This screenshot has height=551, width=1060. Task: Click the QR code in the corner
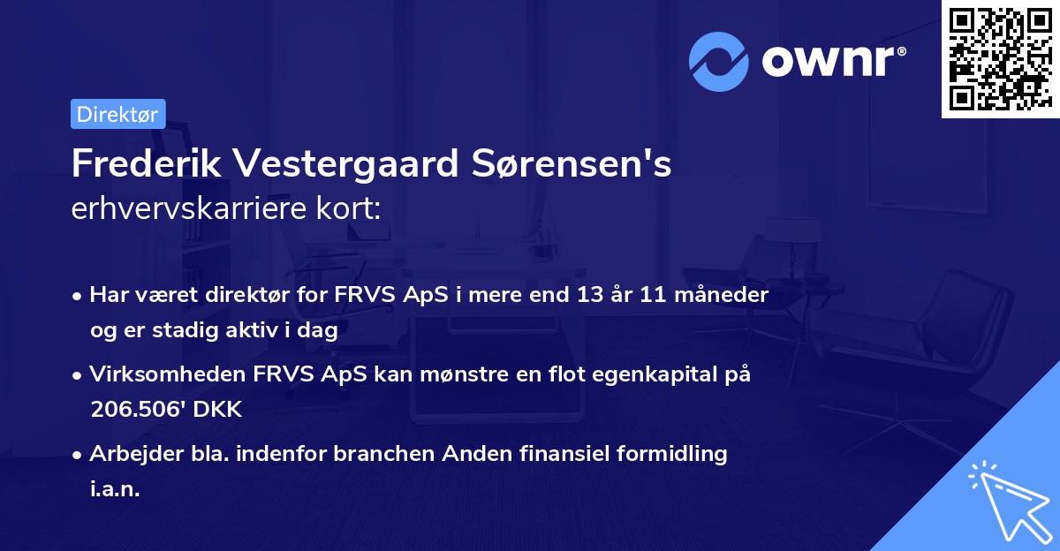[1000, 58]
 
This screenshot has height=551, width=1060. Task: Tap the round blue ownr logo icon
[718, 61]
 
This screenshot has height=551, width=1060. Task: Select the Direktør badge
[117, 114]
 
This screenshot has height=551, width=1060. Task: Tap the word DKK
[217, 409]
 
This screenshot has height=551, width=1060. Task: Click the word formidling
[673, 454]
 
